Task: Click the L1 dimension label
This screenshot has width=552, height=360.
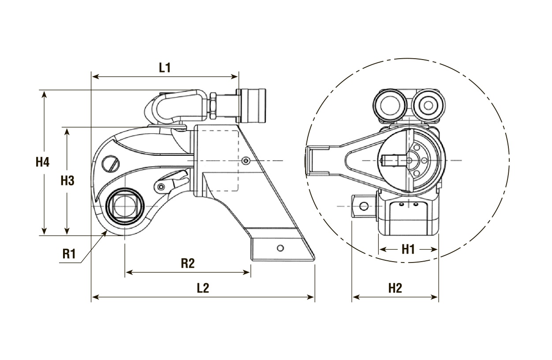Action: [x=164, y=67]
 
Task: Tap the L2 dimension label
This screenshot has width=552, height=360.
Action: [x=203, y=288]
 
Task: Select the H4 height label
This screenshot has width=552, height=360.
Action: [x=43, y=162]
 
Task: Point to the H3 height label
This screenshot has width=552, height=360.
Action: [x=67, y=181]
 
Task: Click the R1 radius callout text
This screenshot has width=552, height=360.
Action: [x=69, y=254]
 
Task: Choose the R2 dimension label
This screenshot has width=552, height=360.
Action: [x=188, y=263]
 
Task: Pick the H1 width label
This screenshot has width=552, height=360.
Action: [x=408, y=250]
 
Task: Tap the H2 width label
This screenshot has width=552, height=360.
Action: [x=395, y=288]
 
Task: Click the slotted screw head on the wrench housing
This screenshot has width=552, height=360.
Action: [x=111, y=163]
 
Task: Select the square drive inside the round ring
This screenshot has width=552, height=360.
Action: [x=124, y=206]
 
